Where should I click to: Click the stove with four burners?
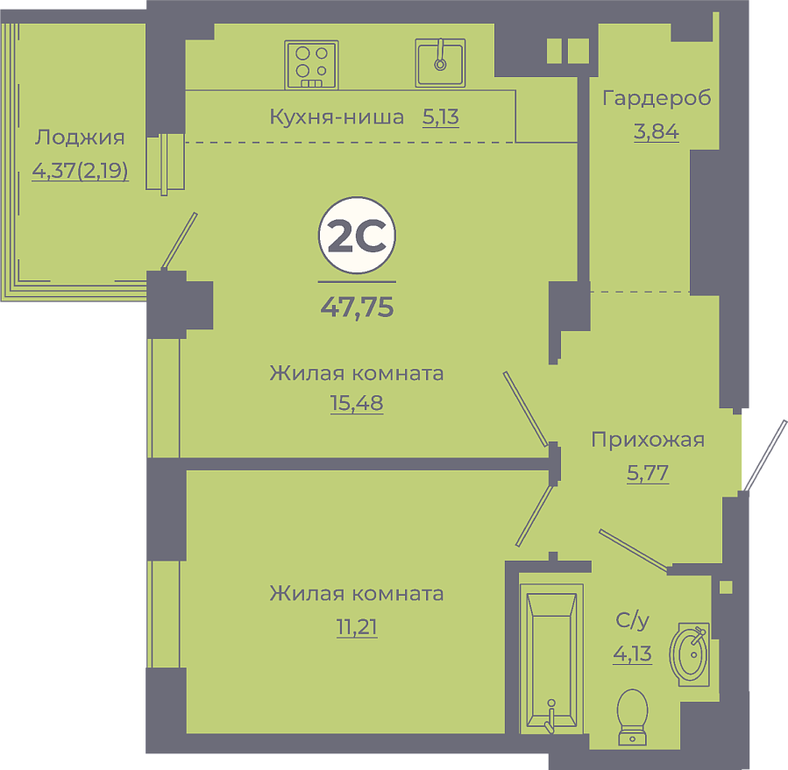[x=311, y=65]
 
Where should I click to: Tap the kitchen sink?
[x=440, y=63]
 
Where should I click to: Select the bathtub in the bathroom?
[x=551, y=659]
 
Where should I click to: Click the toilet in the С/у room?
[x=632, y=717]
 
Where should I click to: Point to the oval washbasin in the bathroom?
[x=690, y=654]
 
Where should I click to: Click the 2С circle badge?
[x=357, y=235]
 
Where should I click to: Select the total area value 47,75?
[x=357, y=307]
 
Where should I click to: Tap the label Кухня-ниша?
[x=337, y=117]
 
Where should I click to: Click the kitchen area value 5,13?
[x=441, y=117]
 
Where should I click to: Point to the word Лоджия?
[x=80, y=138]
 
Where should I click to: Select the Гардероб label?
[x=657, y=98]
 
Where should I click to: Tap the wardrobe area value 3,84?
[x=657, y=131]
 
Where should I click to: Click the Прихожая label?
[x=648, y=440]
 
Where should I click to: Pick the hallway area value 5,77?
[x=648, y=473]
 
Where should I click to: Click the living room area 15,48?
[x=357, y=403]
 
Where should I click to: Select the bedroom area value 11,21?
[x=357, y=627]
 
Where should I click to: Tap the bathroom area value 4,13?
[x=632, y=654]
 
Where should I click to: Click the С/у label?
[x=632, y=621]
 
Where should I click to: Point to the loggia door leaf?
[x=179, y=241]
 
